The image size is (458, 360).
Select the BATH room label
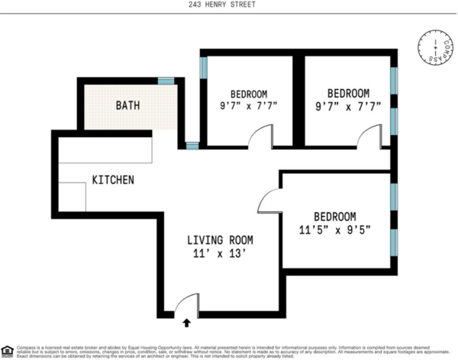127,105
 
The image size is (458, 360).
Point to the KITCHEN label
113,180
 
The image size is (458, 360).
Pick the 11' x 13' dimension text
221,256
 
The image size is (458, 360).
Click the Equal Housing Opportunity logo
7,350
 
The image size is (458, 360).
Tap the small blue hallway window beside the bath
192,144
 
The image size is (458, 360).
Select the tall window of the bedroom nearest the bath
203,67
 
